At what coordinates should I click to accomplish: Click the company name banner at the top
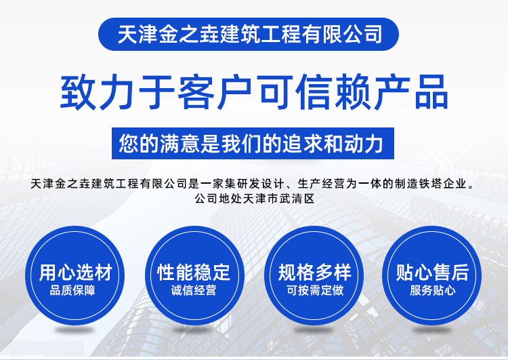[248, 34]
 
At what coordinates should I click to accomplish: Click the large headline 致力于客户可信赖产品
[254, 92]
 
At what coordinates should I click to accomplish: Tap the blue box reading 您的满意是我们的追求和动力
[253, 143]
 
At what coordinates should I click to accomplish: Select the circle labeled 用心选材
[75, 275]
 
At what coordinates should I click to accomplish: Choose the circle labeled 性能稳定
[194, 275]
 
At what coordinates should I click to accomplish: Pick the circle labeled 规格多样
[314, 275]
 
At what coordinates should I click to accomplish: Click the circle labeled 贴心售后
[432, 275]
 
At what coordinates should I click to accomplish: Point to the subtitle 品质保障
[72, 290]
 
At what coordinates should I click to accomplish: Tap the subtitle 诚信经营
[194, 290]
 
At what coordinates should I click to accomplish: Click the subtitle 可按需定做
[315, 290]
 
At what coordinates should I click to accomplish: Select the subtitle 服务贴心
[433, 290]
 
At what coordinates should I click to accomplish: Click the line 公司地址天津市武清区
[255, 198]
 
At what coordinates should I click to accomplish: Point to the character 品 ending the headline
[432, 92]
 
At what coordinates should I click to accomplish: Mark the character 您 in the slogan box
[129, 143]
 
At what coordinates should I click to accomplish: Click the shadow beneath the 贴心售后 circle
[432, 330]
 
